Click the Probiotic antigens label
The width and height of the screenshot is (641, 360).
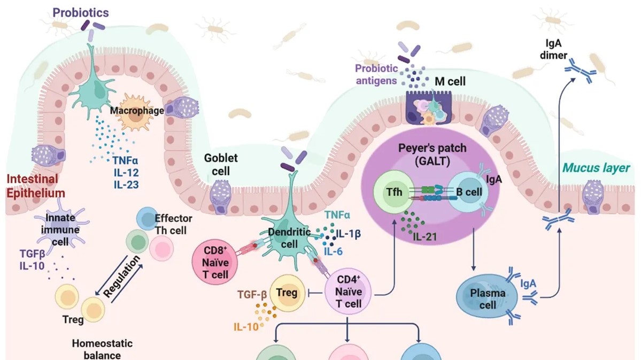pos(377,74)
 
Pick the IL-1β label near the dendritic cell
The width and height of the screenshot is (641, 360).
pos(350,233)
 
